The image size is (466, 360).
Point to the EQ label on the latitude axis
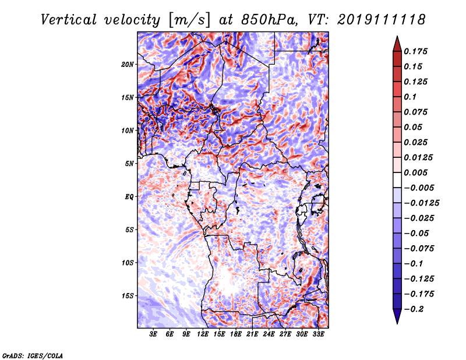pos(129,196)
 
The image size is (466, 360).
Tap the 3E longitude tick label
pos(154,334)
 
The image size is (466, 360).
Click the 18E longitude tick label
pos(236,334)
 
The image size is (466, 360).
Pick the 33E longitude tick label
pos(319,334)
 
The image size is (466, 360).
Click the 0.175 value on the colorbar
pos(416,51)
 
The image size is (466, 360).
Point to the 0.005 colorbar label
pos(416,173)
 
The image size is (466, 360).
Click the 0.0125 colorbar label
pos(418,158)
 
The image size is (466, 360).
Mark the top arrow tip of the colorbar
pos(397,37)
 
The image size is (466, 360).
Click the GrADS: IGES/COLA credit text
pos(32,355)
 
